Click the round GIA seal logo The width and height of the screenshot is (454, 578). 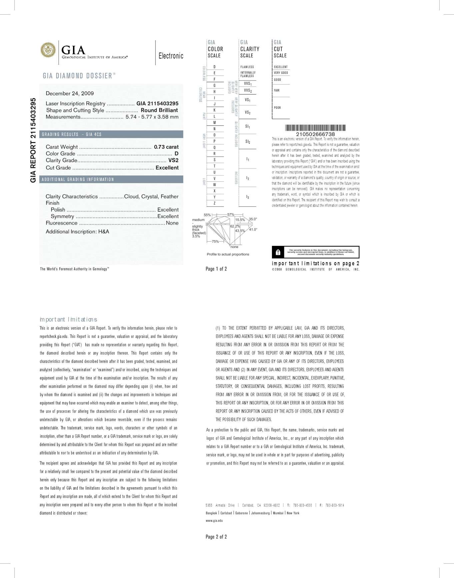click(48, 50)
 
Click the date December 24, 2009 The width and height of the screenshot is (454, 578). click(70, 94)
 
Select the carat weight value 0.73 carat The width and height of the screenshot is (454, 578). click(166, 147)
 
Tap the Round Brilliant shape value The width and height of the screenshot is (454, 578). click(159, 110)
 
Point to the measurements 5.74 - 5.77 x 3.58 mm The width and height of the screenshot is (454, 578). click(152, 117)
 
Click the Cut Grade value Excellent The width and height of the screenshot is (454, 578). click(167, 168)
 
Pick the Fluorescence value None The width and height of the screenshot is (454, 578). click(172, 223)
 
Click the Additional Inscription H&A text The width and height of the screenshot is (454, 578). click(77, 232)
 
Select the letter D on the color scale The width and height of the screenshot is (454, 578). click(214, 67)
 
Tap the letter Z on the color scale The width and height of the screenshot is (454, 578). click(214, 203)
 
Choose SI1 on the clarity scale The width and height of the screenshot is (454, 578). click(248, 126)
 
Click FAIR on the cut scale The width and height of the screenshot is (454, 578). click(277, 91)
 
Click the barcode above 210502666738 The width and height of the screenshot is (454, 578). click(315, 128)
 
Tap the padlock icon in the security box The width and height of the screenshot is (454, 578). click(278, 252)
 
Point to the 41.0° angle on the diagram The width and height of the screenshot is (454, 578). click(253, 230)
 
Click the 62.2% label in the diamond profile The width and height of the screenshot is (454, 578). click(235, 226)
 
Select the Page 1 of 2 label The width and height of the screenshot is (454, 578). click(216, 269)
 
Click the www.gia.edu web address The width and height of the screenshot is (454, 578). click(214, 521)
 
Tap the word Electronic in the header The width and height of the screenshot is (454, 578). click(171, 56)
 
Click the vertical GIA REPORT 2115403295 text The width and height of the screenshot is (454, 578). click(33, 140)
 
